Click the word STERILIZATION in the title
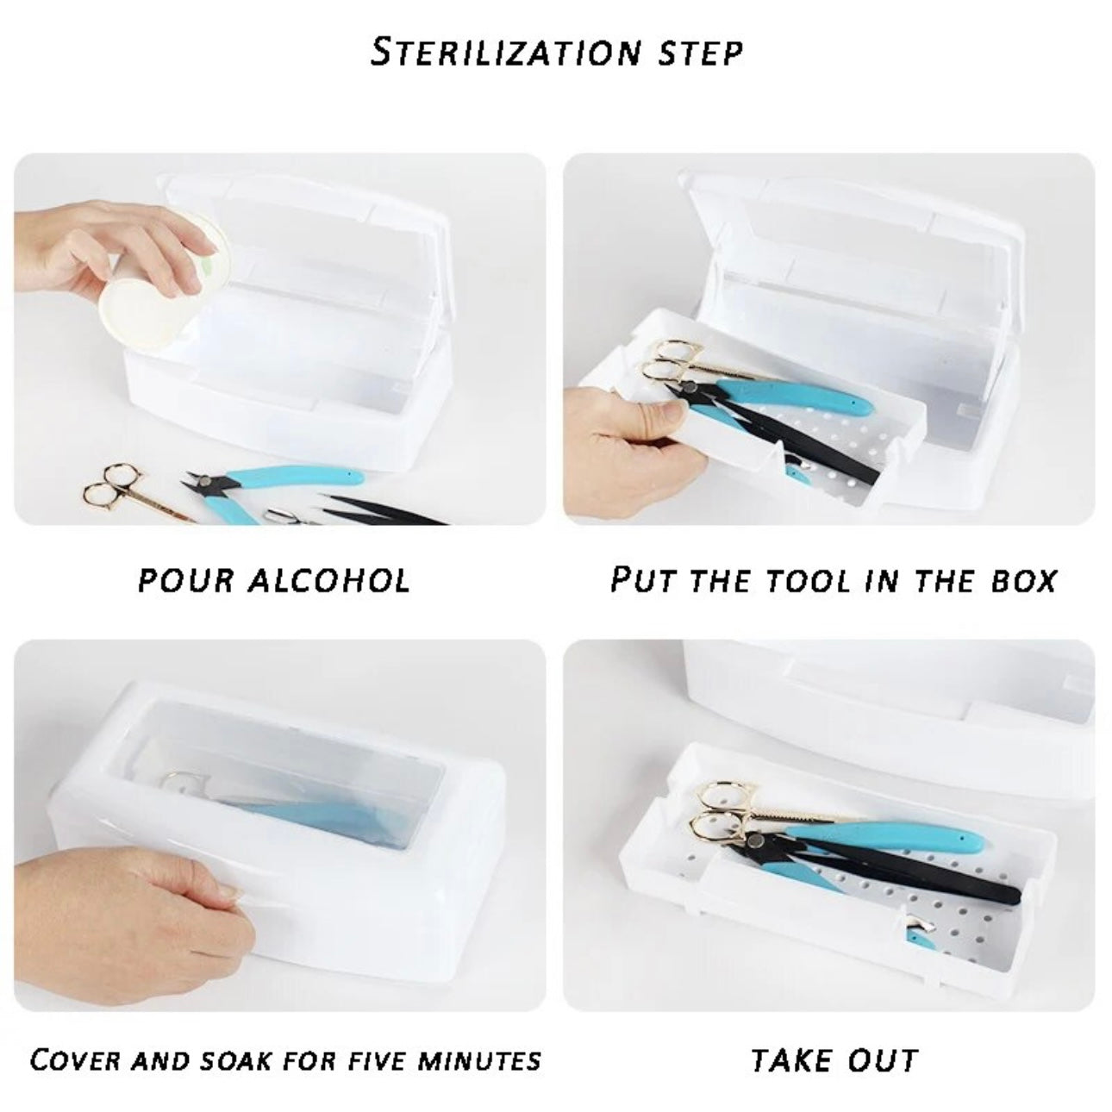click(x=505, y=52)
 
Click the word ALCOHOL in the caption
click(x=329, y=580)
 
